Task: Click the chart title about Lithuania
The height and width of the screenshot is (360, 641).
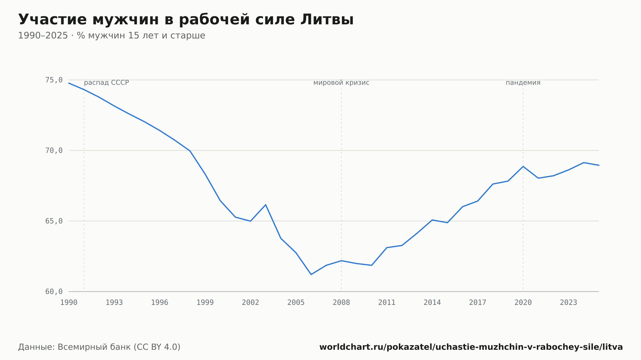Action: click(186, 20)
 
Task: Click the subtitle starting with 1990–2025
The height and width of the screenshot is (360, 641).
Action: click(112, 36)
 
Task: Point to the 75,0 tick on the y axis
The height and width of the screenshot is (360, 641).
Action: click(54, 80)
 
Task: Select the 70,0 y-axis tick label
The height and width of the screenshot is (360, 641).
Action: click(54, 151)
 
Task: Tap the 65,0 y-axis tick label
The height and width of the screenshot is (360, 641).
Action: click(54, 221)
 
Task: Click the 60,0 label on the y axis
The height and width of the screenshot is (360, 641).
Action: click(54, 292)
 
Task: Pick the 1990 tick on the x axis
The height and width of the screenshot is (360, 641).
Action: click(69, 303)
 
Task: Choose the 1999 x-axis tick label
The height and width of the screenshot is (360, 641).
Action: click(205, 303)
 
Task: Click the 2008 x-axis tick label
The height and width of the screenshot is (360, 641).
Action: click(341, 303)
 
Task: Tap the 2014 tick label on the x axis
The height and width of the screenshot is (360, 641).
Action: click(432, 303)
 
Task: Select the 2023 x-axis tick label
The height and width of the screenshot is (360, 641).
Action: click(569, 303)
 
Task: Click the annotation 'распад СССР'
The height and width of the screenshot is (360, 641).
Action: click(106, 83)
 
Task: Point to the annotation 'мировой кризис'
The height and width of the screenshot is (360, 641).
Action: click(341, 83)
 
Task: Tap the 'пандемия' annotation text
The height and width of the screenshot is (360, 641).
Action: click(523, 83)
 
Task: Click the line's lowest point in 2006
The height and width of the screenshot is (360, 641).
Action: click(311, 274)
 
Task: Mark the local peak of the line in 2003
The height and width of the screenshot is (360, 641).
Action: click(266, 205)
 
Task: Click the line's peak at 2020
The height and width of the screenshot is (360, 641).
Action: click(523, 166)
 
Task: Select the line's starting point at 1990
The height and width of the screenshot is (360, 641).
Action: click(69, 83)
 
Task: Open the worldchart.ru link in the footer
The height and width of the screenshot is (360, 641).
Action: click(471, 347)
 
